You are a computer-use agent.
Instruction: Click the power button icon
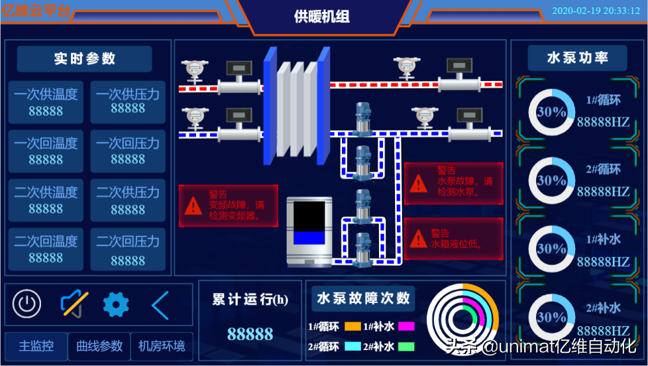[x=27, y=304]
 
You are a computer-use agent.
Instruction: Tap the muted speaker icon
[x=74, y=304]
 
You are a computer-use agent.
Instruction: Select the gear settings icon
[x=116, y=304]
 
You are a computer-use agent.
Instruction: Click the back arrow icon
[x=160, y=305]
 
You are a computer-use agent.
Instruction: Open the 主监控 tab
[x=36, y=346]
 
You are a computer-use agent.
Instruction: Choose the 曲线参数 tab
[x=99, y=346]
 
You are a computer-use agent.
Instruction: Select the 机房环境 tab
[x=162, y=346]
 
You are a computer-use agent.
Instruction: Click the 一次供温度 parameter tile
[x=46, y=102]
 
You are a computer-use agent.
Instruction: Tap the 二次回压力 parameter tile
[x=128, y=249]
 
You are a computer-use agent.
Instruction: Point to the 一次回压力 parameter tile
[x=128, y=151]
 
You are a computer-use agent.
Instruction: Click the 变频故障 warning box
[x=229, y=206]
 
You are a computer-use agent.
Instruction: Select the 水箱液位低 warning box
[x=454, y=239]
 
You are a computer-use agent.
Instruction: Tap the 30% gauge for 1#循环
[x=551, y=112]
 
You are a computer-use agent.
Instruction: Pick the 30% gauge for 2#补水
[x=551, y=317]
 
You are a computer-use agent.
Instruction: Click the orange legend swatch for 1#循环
[x=352, y=327]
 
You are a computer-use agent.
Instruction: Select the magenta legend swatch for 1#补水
[x=406, y=327]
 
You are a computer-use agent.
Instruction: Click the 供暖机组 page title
[x=322, y=17]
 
